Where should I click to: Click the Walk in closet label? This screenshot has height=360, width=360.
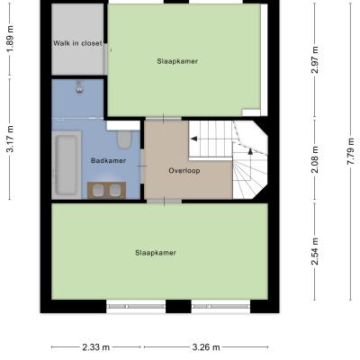pos(77,43)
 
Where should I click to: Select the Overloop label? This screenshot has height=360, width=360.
pos(184,171)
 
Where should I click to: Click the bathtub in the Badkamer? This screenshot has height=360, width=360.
pos(67,165)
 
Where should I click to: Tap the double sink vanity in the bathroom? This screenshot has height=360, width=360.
pos(106,190)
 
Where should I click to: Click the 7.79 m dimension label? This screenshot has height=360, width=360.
pos(351,150)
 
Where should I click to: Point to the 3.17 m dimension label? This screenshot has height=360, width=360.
pos(10,139)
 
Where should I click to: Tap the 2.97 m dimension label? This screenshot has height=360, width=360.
pos(315,60)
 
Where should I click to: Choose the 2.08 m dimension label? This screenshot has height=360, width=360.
pos(315,160)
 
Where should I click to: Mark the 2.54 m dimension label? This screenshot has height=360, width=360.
pos(315,251)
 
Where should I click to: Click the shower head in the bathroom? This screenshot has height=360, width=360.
pos(79,86)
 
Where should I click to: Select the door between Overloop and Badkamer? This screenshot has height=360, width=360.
pos(142,166)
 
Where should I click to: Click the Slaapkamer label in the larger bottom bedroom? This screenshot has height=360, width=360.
pos(156,253)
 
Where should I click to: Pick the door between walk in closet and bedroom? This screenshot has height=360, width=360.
pos(106,58)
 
